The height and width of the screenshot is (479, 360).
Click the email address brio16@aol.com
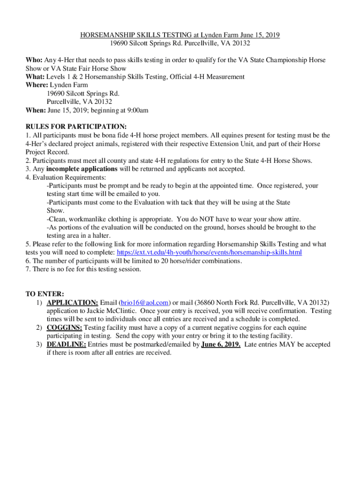[145, 303]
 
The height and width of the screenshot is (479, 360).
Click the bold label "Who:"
[34, 60]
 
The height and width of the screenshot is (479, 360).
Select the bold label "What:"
[35, 77]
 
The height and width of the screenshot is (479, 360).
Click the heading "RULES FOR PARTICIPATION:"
[76, 127]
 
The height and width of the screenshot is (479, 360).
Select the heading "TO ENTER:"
[45, 294]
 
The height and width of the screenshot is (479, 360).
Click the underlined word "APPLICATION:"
[72, 303]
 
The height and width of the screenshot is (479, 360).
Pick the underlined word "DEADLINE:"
[66, 345]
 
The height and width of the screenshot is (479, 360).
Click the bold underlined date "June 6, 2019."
[221, 345]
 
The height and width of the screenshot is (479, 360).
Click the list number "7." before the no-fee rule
[28, 269]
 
